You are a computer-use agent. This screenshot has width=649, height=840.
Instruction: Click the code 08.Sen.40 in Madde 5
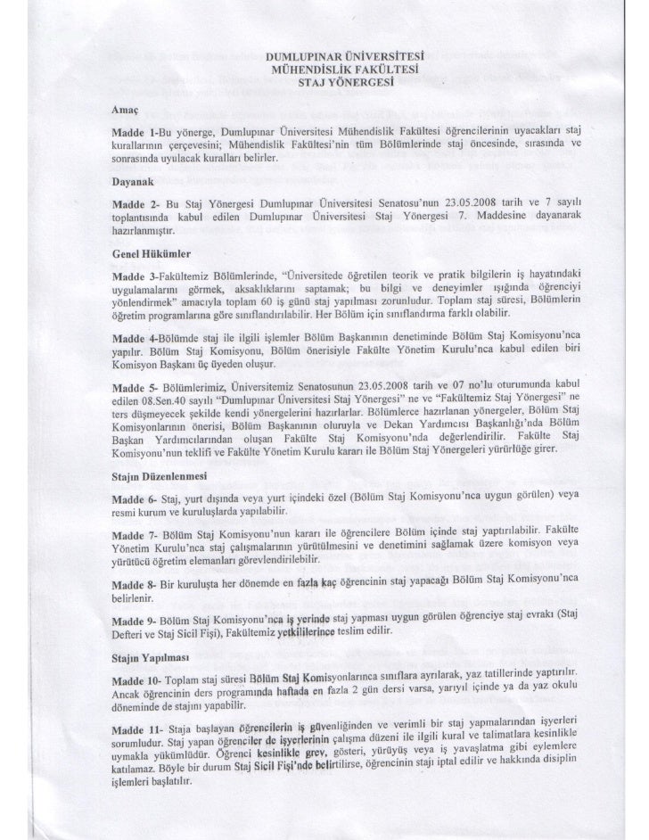click(164, 424)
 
